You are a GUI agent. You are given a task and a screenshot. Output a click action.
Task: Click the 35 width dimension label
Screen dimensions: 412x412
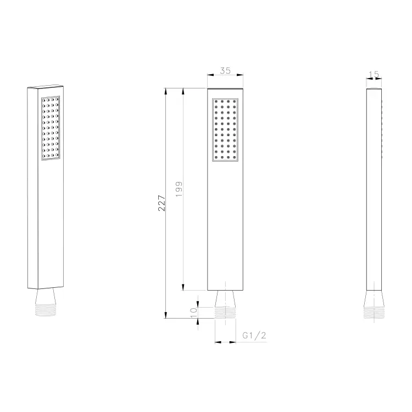[225, 70]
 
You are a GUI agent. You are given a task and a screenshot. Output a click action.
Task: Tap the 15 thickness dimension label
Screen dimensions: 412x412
[374, 75]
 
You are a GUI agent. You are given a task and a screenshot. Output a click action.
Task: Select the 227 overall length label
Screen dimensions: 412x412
[162, 203]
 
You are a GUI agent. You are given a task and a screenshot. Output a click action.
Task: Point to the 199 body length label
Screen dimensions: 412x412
[179, 189]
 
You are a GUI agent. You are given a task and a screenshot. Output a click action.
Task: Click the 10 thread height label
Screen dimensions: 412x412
[193, 313]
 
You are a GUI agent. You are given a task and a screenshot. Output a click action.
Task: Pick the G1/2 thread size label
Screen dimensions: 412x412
[254, 335]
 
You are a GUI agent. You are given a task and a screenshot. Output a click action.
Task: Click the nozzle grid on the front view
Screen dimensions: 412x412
[225, 130]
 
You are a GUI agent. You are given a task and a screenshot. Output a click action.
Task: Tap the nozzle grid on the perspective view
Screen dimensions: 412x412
[51, 128]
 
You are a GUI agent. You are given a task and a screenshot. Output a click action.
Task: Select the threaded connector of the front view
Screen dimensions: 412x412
[225, 313]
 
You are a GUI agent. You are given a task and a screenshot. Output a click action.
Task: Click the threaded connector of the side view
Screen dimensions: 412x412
[374, 313]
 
